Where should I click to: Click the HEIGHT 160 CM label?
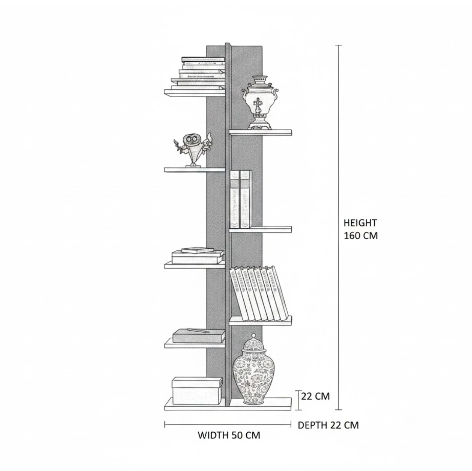[x=360, y=229]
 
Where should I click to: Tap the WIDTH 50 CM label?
[x=229, y=435]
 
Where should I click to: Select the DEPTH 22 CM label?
[x=328, y=425]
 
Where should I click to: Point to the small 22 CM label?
[x=315, y=396]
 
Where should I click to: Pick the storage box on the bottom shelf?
[x=197, y=391]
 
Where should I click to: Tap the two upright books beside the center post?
[x=241, y=199]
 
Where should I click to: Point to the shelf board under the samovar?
[x=260, y=132]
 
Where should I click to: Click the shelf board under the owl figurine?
[x=195, y=170]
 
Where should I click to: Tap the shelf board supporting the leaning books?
[x=260, y=321]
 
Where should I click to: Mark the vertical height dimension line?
[x=339, y=227]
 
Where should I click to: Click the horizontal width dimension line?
[x=228, y=425]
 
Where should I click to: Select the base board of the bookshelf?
[x=228, y=404]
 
